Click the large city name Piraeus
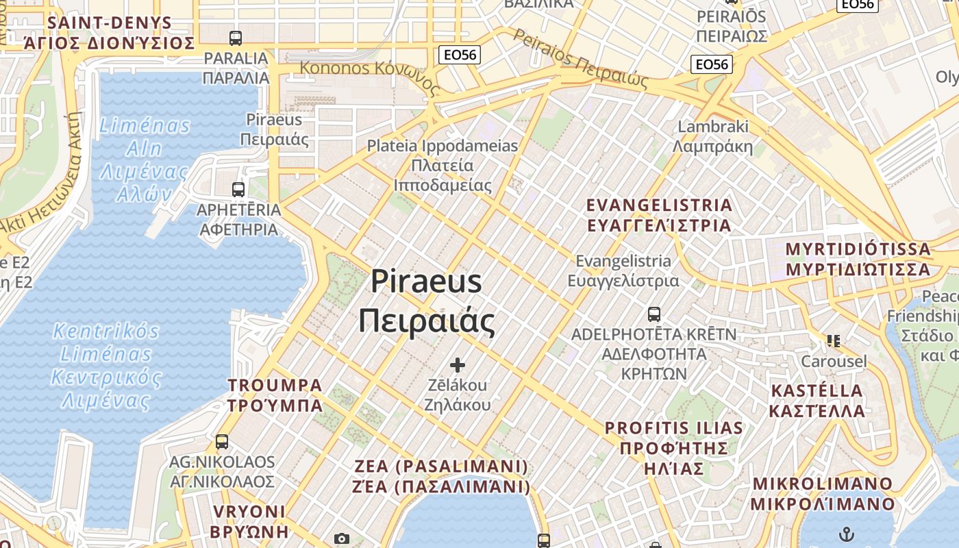(427, 282)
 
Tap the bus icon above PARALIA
(236, 38)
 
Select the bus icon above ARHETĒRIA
(238, 190)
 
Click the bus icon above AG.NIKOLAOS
(221, 442)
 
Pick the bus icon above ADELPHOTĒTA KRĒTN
(654, 314)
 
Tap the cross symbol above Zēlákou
(458, 365)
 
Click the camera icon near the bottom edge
(341, 540)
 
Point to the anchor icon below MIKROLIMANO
(847, 534)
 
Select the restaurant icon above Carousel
(834, 340)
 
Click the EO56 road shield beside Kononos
(460, 55)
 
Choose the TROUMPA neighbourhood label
(275, 385)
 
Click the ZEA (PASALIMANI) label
(442, 466)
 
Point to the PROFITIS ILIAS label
(674, 428)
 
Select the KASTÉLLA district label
(817, 391)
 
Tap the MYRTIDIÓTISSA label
(858, 249)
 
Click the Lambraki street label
(713, 127)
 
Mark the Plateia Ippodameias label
(443, 146)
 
